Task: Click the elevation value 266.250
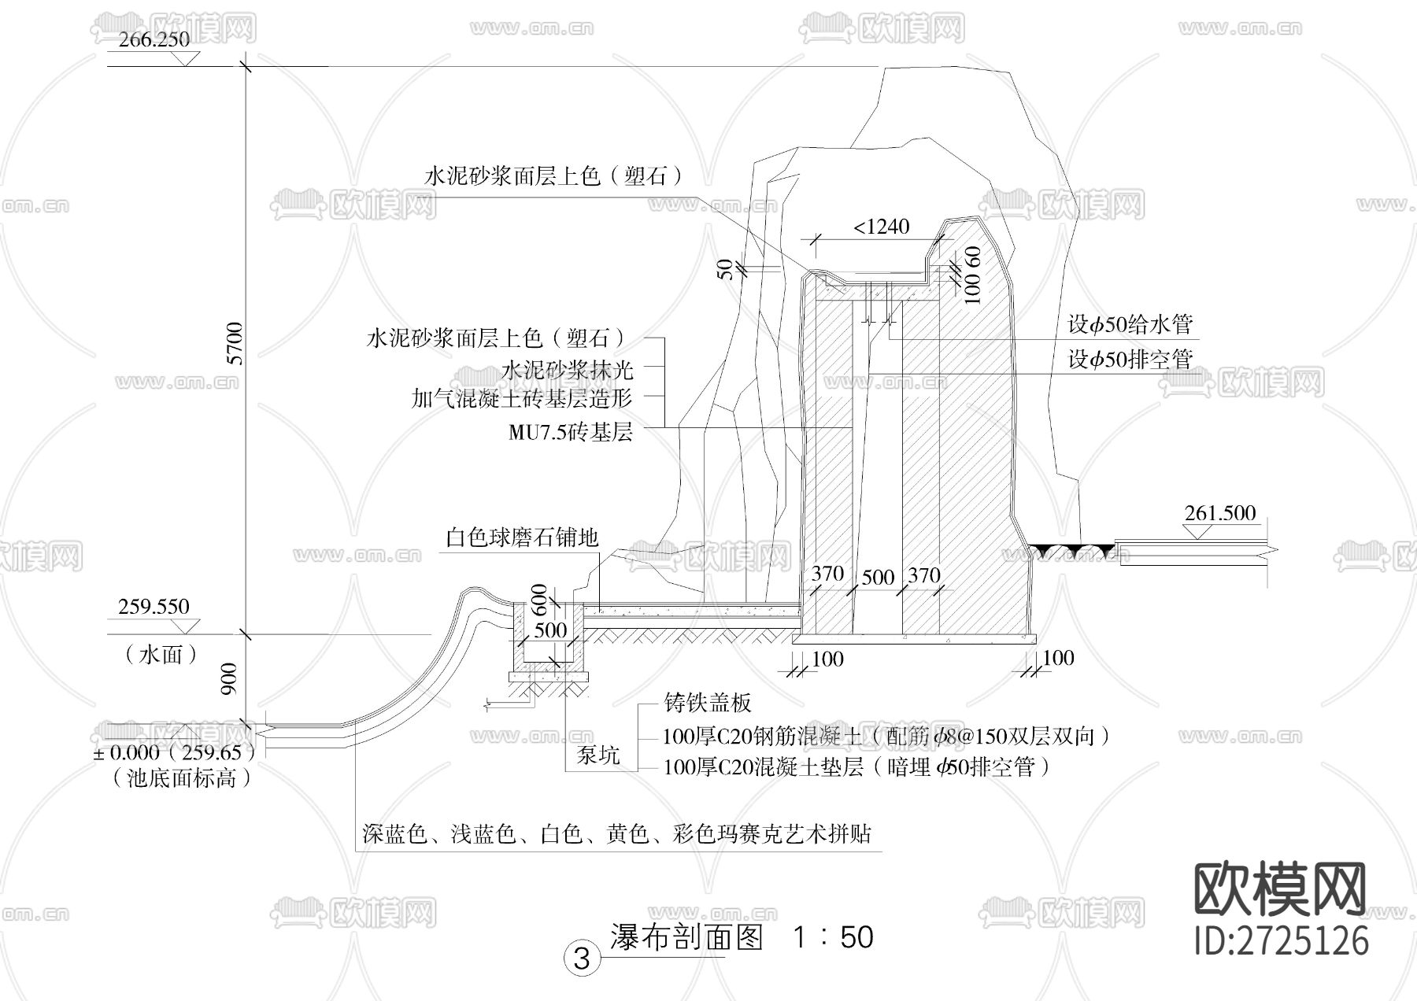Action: [154, 40]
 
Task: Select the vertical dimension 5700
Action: [235, 343]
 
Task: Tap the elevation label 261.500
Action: [1219, 514]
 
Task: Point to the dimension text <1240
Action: [882, 227]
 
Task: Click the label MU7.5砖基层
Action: [570, 432]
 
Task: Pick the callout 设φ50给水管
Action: [1130, 324]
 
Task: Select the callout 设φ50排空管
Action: [1130, 360]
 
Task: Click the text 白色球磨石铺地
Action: [522, 538]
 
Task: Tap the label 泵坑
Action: [598, 755]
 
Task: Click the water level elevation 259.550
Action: [154, 607]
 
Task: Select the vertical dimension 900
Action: [229, 679]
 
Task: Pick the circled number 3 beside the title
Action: [582, 959]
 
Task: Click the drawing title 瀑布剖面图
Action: [686, 937]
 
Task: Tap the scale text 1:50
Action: [833, 937]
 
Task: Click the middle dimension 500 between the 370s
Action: [877, 578]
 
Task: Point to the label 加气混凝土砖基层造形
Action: [522, 398]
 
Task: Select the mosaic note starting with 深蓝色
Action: [617, 834]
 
